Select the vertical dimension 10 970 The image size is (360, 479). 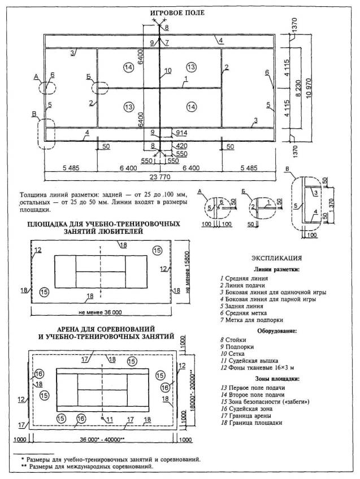coord(310,89)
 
